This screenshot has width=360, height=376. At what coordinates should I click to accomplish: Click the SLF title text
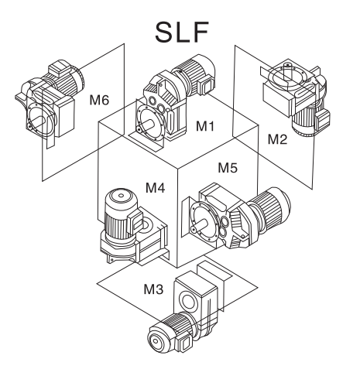pyautogui.click(x=182, y=32)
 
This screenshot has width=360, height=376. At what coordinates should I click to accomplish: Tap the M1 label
pyautogui.click(x=205, y=126)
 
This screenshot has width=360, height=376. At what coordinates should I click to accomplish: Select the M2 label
pyautogui.click(x=277, y=139)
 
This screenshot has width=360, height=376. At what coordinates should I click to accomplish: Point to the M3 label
pyautogui.click(x=153, y=289)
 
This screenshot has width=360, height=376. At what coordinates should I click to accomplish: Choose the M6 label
pyautogui.click(x=99, y=100)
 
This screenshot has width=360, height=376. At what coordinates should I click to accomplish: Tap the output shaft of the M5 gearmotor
pyautogui.click(x=201, y=224)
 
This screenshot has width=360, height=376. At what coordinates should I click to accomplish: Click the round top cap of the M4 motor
pyautogui.click(x=121, y=197)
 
